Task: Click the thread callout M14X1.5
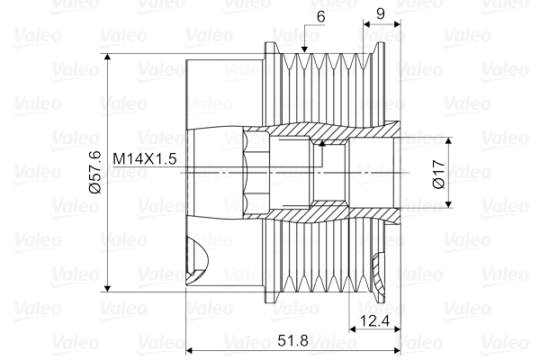[144, 158]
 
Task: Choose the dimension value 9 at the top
[381, 13]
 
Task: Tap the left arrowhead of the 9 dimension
[364, 25]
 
